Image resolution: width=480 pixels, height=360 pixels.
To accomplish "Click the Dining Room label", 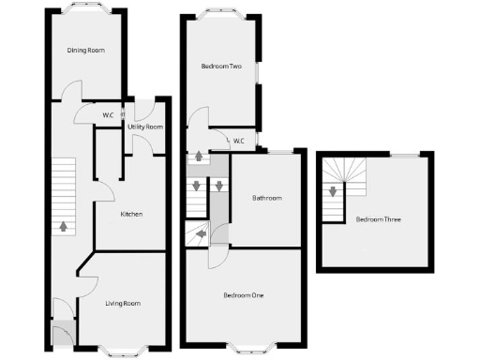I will (x=85, y=50).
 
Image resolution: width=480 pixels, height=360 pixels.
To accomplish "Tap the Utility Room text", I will (x=145, y=127).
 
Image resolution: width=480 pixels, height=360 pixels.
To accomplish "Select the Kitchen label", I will (x=131, y=215).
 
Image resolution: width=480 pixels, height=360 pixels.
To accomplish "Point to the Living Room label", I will (x=122, y=303).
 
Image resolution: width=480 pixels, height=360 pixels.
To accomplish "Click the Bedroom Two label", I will (x=221, y=67).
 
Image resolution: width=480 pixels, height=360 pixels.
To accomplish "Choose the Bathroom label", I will (x=266, y=198).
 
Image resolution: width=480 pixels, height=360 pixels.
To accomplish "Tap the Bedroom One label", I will (x=243, y=296).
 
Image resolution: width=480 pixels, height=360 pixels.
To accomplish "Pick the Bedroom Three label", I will (x=378, y=219).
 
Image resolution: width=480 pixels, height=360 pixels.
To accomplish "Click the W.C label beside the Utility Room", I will (x=108, y=115).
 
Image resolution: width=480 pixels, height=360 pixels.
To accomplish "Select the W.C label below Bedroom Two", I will (x=238, y=142).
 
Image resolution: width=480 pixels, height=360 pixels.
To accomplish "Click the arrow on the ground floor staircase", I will (x=63, y=225).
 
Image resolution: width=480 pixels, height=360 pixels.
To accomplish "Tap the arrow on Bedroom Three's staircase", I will (x=332, y=193).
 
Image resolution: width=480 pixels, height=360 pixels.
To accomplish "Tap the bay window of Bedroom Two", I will (x=223, y=13).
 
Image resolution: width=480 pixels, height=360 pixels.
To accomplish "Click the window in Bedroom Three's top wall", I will (x=404, y=154).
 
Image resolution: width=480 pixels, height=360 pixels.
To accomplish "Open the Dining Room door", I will (x=72, y=92).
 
